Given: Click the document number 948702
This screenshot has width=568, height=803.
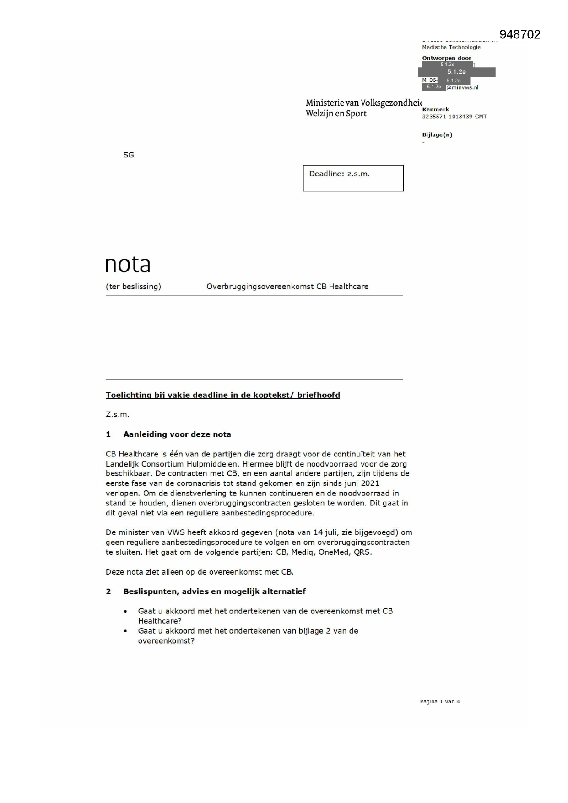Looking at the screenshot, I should click(519, 35).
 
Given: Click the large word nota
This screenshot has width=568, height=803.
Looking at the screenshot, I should click(128, 265).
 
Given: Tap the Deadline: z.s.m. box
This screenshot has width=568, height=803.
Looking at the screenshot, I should click(353, 178).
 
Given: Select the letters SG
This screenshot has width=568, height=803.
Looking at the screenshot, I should click(129, 155).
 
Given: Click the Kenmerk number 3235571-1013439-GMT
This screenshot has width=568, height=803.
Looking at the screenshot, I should click(454, 117).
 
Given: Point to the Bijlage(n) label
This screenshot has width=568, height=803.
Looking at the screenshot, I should click(437, 135).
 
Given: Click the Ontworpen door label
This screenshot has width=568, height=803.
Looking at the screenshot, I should click(447, 58).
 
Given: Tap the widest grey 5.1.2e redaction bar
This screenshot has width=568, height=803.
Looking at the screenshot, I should click(456, 72).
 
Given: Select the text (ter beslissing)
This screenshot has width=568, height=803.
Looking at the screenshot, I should click(133, 287).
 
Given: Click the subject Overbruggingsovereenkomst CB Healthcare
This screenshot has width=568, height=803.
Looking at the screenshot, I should click(287, 287).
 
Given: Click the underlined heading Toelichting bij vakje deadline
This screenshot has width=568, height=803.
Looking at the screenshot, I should click(222, 395).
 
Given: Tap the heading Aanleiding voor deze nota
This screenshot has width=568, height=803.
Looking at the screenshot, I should click(177, 434).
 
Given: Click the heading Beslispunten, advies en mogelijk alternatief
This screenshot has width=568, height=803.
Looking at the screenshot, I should click(214, 591).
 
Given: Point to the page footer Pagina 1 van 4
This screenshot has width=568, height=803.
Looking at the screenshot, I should click(439, 701).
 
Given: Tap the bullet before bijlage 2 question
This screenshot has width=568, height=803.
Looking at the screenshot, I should click(125, 631).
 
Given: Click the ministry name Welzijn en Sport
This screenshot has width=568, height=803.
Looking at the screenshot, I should click(336, 114).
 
